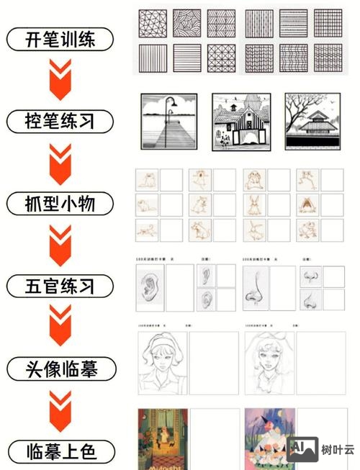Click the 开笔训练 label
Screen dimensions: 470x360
coord(60,38)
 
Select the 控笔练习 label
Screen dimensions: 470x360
coord(60,120)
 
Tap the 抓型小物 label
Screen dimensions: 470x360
coord(60,204)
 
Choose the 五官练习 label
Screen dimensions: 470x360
coord(60,286)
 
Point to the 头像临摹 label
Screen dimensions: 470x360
coord(60,369)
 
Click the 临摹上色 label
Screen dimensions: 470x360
coord(60,452)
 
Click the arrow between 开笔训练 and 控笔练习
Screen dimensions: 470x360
coord(60,79)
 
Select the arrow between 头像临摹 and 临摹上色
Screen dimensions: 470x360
coord(60,411)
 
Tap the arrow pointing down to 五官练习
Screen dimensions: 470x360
coord(60,245)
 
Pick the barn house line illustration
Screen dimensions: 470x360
coord(240,122)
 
